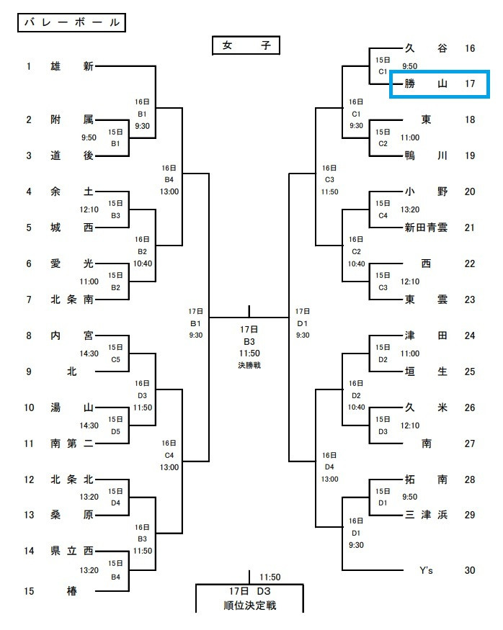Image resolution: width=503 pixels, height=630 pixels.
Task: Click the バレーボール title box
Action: click(70, 22)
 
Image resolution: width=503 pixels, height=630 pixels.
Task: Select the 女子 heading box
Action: click(246, 46)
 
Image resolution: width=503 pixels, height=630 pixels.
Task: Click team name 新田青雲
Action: click(426, 228)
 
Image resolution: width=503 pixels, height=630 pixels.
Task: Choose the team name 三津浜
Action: click(426, 515)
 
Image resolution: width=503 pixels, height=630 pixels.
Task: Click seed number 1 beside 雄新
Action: click(30, 66)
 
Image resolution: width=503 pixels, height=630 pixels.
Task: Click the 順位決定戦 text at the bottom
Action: click(249, 605)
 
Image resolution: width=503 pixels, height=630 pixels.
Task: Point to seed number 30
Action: click(470, 570)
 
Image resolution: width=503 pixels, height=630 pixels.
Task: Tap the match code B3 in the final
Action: click(249, 341)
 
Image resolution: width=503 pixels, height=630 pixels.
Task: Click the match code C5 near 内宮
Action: click(115, 359)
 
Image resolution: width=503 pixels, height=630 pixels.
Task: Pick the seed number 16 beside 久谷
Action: click(470, 48)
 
